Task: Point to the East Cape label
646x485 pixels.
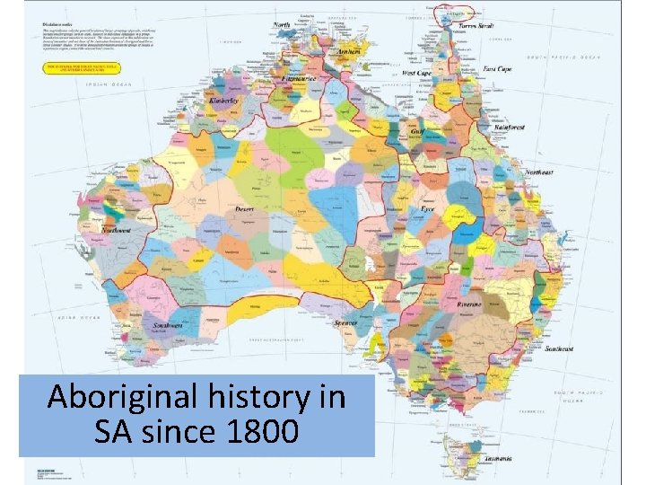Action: tap(498, 69)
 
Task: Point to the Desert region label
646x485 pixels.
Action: tap(244, 208)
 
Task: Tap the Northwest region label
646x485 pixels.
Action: tap(117, 231)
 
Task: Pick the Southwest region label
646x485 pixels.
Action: tap(168, 325)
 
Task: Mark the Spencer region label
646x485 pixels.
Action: tap(345, 322)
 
